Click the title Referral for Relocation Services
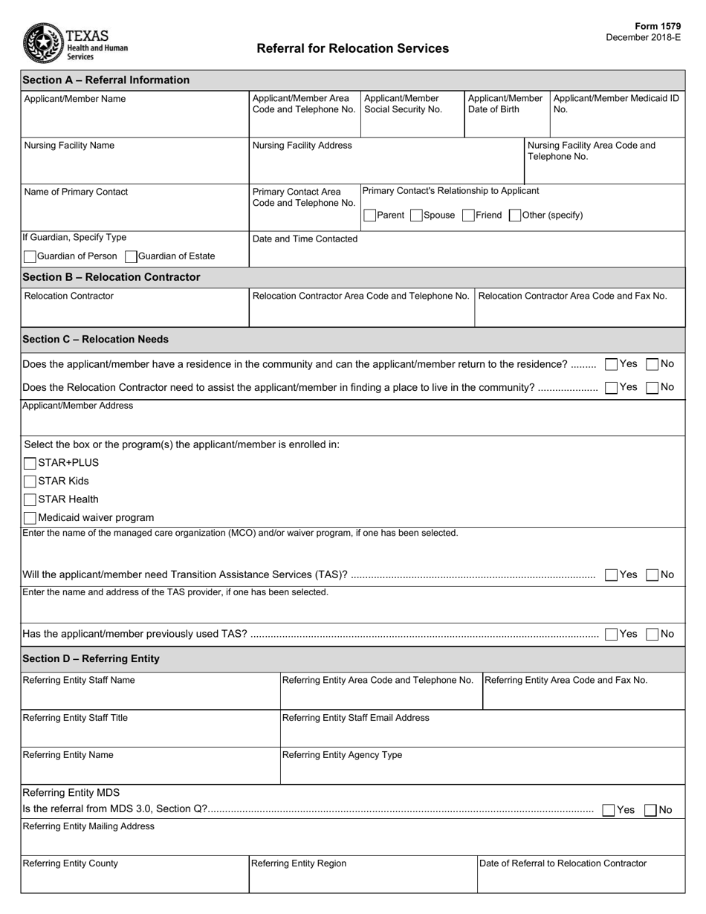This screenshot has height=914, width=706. pos(352,48)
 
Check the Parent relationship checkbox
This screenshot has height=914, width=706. pos(369,215)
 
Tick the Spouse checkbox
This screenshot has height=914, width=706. pos(416,215)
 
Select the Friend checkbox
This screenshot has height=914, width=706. pos(468,215)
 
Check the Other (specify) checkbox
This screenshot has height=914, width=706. pos(514,215)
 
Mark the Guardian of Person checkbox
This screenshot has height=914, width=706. pos(30,256)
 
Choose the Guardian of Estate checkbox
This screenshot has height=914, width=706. pos(131,256)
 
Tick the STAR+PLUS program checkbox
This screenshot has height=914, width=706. pos(30,463)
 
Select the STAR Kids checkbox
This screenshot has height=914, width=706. pos(30,482)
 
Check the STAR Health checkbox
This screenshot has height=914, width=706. pos(30,499)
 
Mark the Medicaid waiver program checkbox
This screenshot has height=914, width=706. pos(30,518)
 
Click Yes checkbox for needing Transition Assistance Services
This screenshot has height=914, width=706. pos(611,574)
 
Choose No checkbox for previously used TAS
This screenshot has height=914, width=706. pos(652,635)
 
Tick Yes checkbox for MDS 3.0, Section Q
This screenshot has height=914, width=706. pos(609,810)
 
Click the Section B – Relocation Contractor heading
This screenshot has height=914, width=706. pos(111,277)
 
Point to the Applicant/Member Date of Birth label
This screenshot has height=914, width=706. pos(505,104)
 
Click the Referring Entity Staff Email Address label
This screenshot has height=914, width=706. pos(356,718)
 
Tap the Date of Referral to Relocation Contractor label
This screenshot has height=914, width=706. pos(563,863)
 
